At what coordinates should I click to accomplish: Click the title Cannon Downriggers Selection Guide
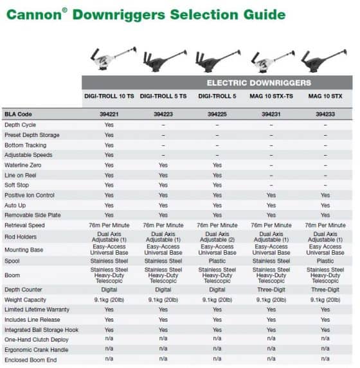[x=147, y=14]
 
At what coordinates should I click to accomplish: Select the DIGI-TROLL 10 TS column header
[x=109, y=97]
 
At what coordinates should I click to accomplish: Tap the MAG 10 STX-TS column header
[x=270, y=97]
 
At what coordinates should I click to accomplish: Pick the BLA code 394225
[x=217, y=114]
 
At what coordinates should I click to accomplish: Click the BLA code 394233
[x=325, y=114]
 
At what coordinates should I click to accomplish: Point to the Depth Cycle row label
[x=21, y=125]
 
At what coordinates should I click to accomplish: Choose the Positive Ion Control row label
[x=30, y=195]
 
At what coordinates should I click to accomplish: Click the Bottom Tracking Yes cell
[x=109, y=145]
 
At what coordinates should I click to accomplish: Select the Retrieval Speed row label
[x=26, y=225]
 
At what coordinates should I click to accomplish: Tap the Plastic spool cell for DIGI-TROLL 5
[x=217, y=261]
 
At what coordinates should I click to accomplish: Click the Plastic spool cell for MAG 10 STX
[x=325, y=261]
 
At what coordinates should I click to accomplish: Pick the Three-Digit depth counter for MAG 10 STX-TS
[x=271, y=290]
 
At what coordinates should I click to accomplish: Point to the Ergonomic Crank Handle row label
[x=33, y=350]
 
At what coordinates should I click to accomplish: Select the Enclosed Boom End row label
[x=28, y=360]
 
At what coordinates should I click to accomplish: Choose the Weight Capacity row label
[x=25, y=300]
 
